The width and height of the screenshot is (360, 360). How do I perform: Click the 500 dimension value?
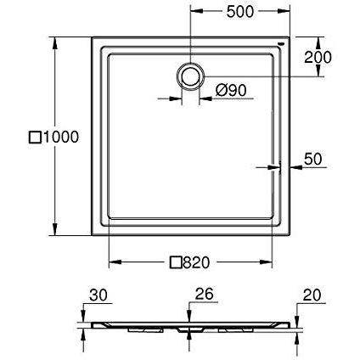[x=240, y=12]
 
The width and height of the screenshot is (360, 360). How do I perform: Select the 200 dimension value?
[x=318, y=57]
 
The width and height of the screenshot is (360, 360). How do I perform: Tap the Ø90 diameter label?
[x=231, y=90]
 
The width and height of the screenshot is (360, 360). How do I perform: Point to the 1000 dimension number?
[x=60, y=138]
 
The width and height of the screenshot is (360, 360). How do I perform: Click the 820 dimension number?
[x=196, y=262]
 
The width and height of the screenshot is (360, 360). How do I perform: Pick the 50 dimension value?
[x=313, y=159]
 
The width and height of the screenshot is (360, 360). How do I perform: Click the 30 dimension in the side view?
[x=98, y=295]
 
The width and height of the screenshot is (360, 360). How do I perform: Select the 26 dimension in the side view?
[x=205, y=294]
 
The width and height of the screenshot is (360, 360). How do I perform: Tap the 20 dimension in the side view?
[x=312, y=295]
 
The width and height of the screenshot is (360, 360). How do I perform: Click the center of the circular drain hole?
[x=190, y=76]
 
